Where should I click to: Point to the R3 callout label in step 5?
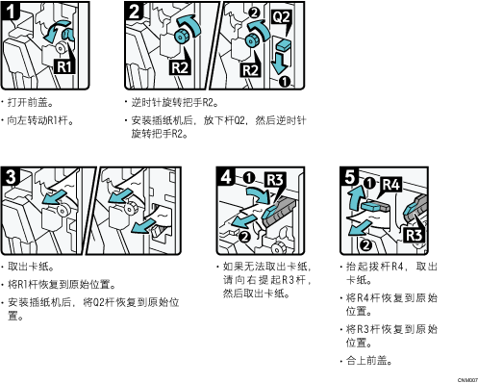click(415, 234)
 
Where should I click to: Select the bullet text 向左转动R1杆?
click(43, 120)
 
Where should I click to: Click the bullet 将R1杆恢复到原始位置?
click(63, 285)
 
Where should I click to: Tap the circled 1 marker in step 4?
click(250, 177)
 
